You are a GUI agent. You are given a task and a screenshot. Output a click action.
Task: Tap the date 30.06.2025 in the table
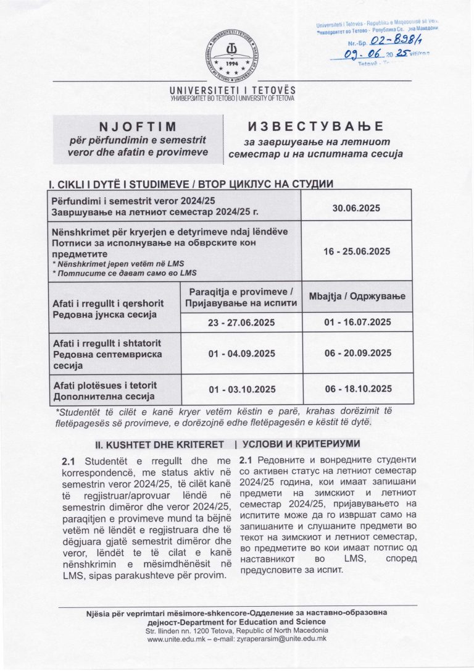click(356, 208)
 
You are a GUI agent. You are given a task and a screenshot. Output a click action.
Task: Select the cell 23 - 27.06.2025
click(241, 322)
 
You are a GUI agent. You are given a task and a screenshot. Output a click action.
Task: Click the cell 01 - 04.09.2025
click(241, 353)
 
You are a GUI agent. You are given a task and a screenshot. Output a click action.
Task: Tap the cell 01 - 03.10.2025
click(241, 389)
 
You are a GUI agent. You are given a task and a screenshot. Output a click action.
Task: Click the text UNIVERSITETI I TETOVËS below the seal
click(232, 91)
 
